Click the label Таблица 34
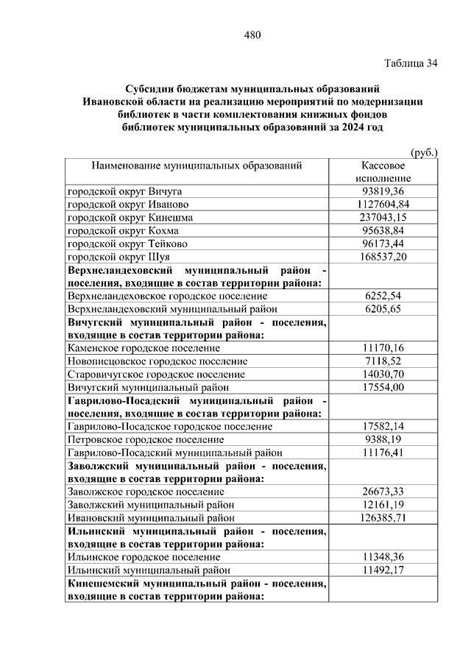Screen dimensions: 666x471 tap(411, 63)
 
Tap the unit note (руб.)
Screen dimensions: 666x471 tap(424, 152)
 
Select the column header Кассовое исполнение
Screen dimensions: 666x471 tap(383, 172)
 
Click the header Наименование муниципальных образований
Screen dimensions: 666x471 tap(196, 166)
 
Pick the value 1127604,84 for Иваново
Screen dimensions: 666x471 tap(383, 204)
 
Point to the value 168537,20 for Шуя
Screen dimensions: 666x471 tap(383, 257)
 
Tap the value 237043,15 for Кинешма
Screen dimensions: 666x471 tap(383, 217)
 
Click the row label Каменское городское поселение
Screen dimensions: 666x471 tap(144, 347)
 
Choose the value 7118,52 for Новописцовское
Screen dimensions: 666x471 tap(383, 361)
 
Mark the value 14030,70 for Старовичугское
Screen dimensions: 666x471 tap(383, 374)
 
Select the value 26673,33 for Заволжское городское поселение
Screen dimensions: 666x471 tap(383, 492)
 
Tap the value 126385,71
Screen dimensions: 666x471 tap(383, 518)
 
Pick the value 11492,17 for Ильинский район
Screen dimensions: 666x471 tap(383, 570)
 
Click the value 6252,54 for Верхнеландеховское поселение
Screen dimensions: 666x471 tap(383, 296)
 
